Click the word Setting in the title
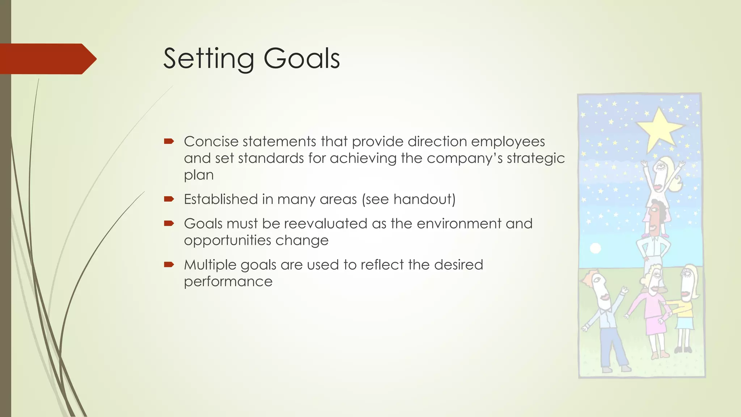[208, 59]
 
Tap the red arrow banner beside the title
[47, 59]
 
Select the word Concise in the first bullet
[210, 142]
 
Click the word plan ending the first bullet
[199, 176]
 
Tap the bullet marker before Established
[169, 199]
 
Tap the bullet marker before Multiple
[169, 264]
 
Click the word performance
[228, 282]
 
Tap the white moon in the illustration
[595, 248]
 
